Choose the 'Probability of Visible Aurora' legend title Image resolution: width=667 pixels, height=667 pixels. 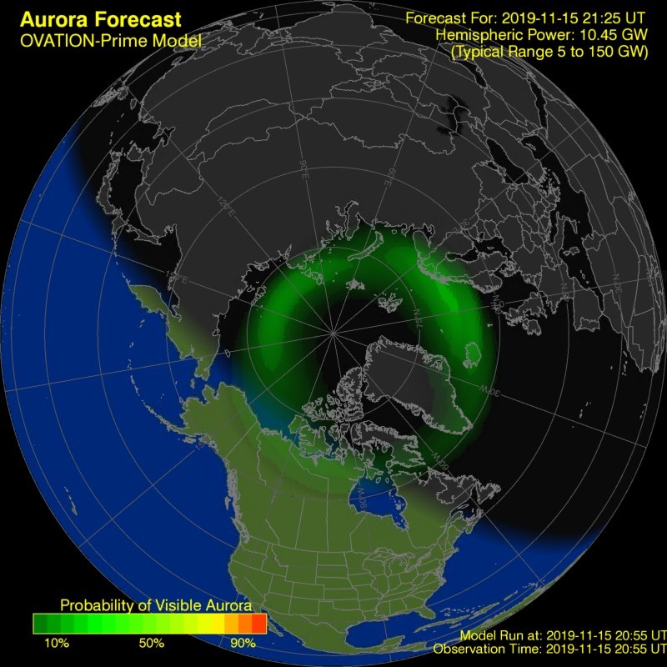click(x=149, y=605)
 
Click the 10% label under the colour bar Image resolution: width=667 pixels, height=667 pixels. click(x=57, y=644)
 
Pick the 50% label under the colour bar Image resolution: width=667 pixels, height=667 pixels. click(x=151, y=644)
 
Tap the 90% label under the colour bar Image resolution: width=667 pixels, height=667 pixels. click(x=243, y=644)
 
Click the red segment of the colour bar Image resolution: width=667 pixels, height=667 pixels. click(x=258, y=623)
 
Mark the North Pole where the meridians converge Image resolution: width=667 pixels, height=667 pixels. click(x=333, y=333)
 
